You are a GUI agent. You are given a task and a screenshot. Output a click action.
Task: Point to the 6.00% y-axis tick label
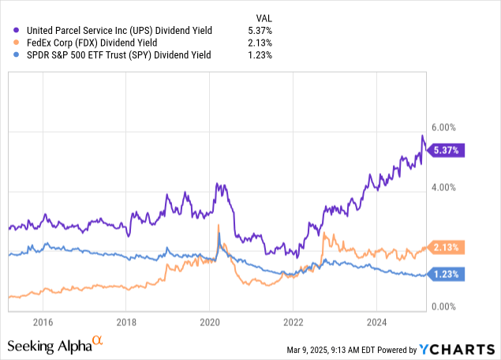(x=445, y=127)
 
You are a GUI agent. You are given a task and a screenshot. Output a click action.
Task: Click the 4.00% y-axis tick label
(x=445, y=187)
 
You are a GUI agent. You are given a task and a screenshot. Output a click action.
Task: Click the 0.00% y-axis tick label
(x=445, y=306)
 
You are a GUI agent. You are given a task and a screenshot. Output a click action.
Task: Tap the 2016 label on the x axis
(x=43, y=322)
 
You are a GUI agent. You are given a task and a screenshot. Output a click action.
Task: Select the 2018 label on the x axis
(x=126, y=322)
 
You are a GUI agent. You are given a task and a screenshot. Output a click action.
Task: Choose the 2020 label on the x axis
(x=209, y=322)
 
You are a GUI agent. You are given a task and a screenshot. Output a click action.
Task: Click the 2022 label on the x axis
(x=293, y=322)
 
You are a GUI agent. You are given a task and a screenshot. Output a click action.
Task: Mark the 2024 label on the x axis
(x=376, y=322)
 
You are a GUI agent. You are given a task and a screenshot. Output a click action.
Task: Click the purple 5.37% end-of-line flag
(x=447, y=149)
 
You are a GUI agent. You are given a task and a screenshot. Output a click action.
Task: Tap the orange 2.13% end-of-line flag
(x=447, y=246)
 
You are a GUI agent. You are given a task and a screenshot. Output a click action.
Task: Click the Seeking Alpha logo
(x=54, y=345)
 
